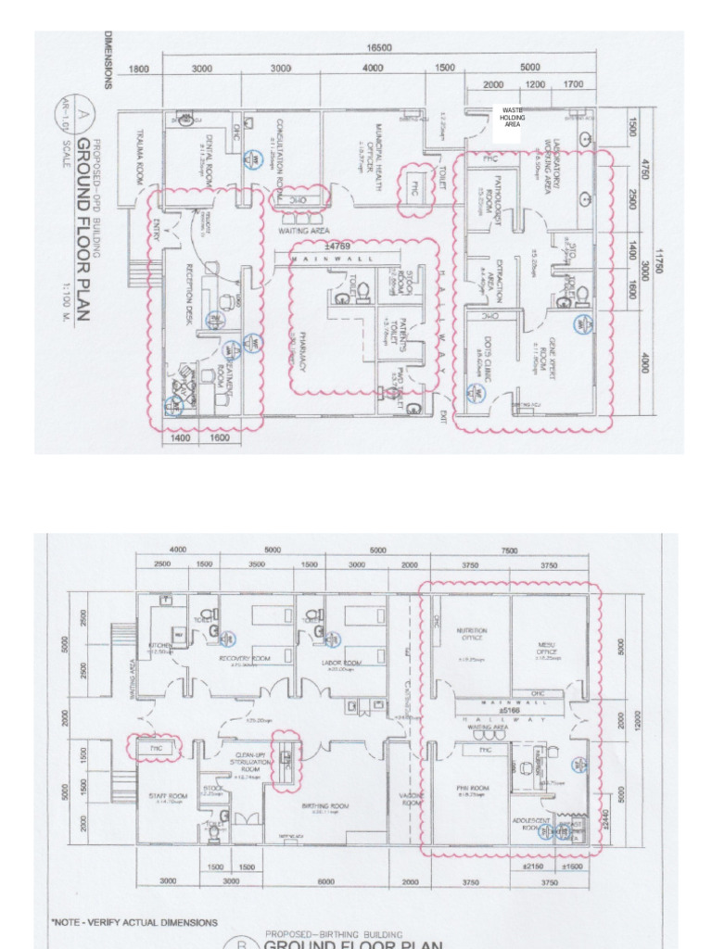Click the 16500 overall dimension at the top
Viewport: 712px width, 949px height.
(x=378, y=48)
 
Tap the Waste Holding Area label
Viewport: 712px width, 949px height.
(x=512, y=117)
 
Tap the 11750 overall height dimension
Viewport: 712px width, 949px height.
(x=660, y=260)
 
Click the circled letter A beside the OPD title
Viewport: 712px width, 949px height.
(x=61, y=115)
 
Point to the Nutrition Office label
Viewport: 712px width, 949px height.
(x=471, y=634)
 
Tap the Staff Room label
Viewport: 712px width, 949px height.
(x=168, y=796)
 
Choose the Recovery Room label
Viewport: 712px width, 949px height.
(x=250, y=659)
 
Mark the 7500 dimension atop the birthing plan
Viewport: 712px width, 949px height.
(x=510, y=550)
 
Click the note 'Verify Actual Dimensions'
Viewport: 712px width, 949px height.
(x=134, y=922)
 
